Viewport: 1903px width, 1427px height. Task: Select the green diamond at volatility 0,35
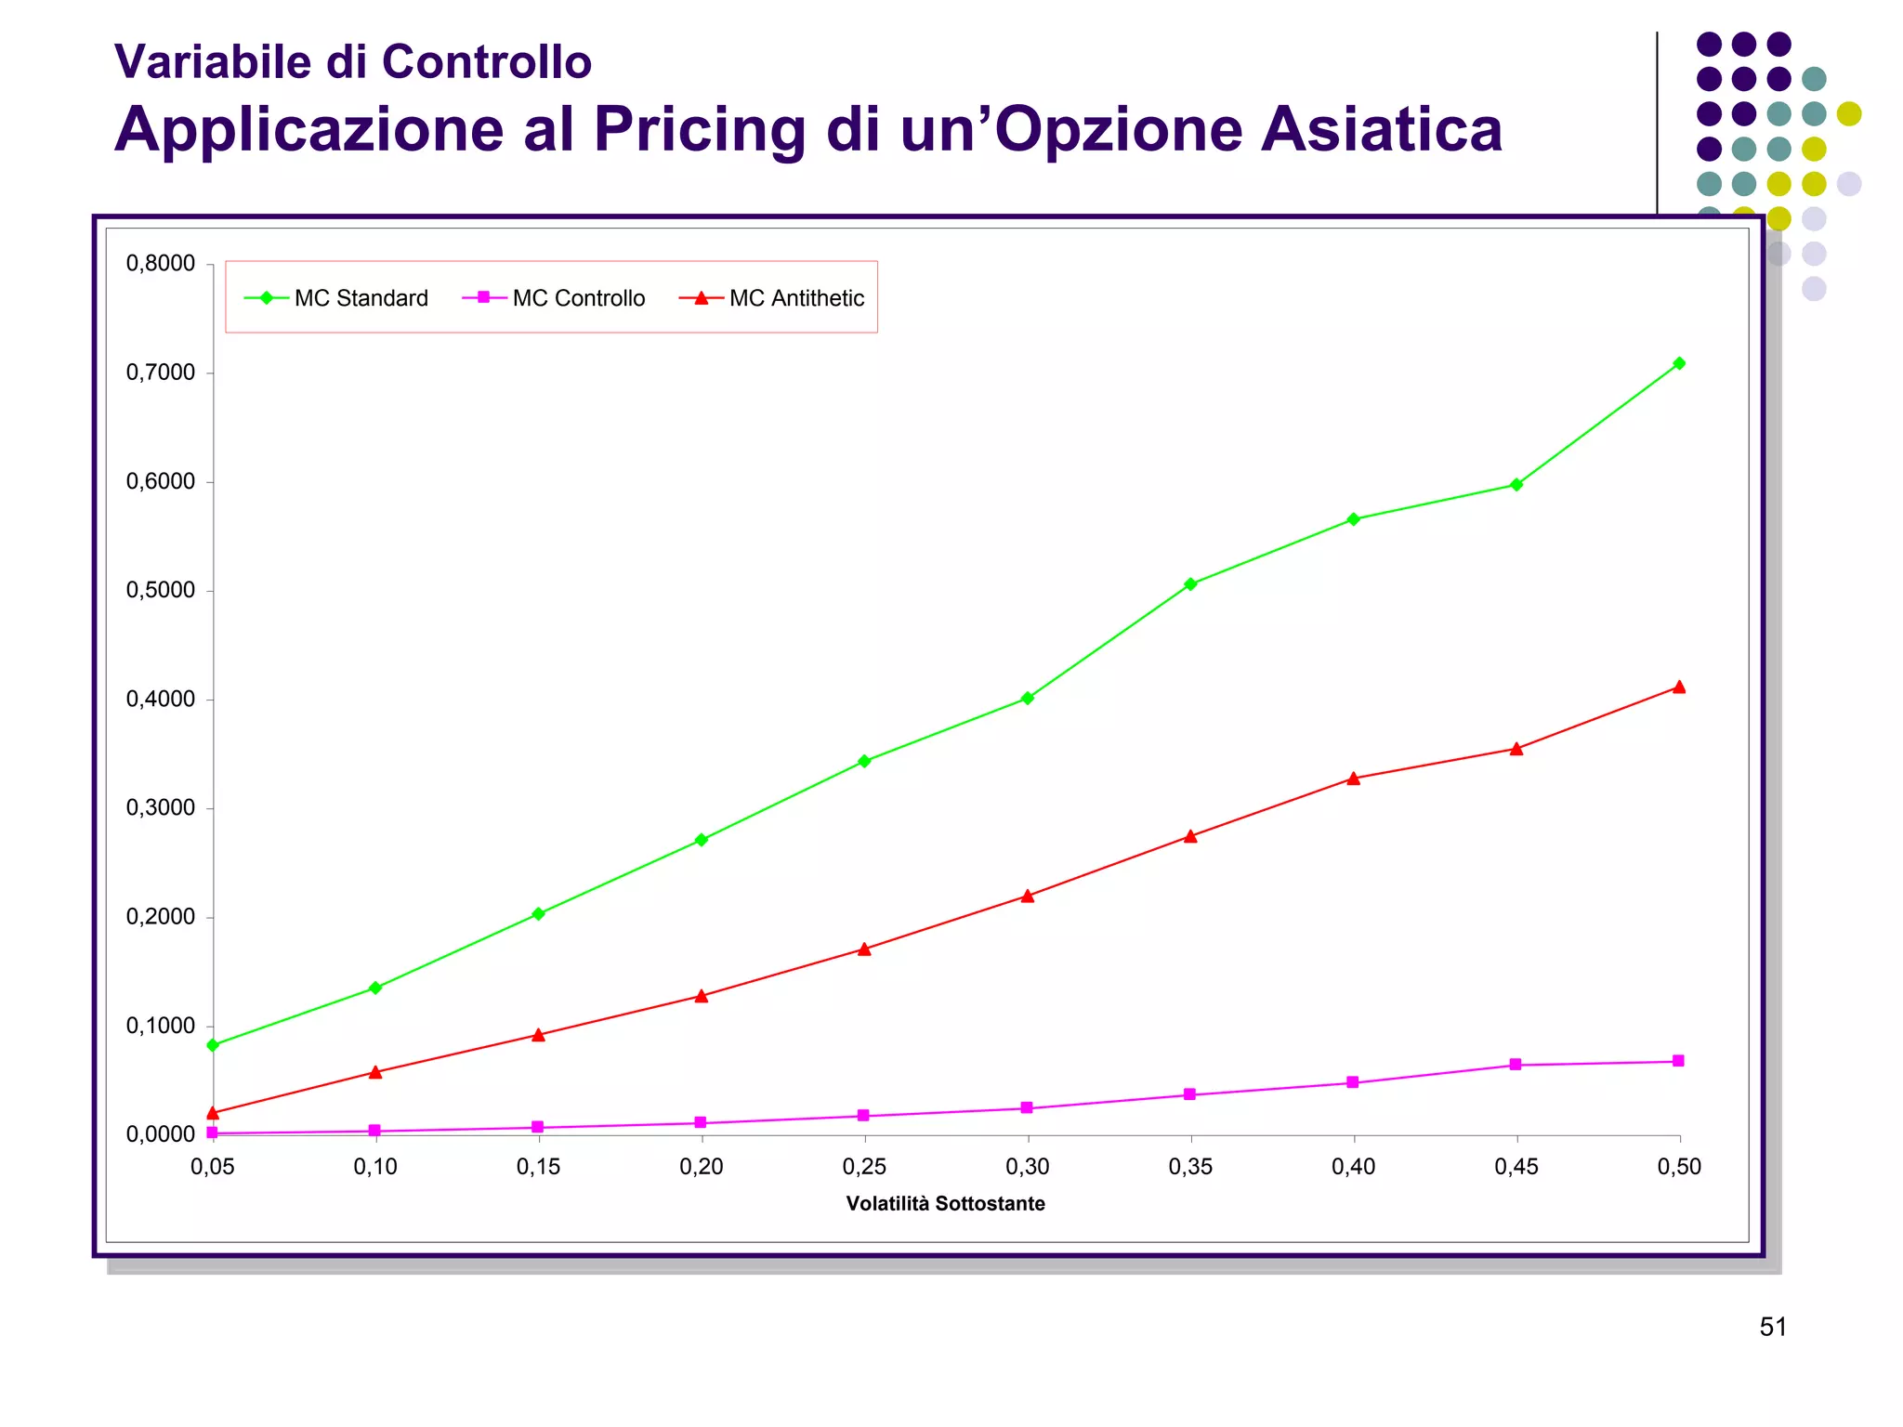[x=1190, y=584]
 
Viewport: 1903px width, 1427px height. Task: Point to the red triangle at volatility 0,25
[x=864, y=949]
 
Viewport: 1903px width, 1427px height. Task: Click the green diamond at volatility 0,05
[x=213, y=1045]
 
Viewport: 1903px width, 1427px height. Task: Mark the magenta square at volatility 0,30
[x=1027, y=1107]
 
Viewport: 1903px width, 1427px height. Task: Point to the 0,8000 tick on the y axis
[x=161, y=264]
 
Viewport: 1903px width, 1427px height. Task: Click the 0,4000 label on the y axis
[x=161, y=700]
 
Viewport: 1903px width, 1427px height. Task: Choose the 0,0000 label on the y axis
[x=161, y=1134]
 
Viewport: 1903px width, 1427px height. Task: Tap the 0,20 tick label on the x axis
[x=702, y=1167]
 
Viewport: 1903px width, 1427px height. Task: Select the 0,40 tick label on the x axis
[x=1354, y=1167]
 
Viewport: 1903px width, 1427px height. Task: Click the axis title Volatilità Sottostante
[x=945, y=1204]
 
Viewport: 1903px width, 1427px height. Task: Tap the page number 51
[x=1773, y=1328]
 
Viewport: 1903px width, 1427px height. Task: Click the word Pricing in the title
[x=701, y=130]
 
